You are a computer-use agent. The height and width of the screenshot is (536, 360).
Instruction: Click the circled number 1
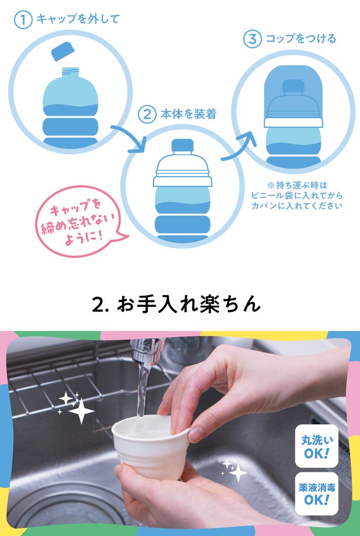pyautogui.click(x=23, y=20)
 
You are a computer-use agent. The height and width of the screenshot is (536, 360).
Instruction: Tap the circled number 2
pyautogui.click(x=147, y=114)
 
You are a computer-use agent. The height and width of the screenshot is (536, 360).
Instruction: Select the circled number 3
pyautogui.click(x=252, y=39)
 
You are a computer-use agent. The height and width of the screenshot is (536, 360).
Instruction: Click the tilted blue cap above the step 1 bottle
pyautogui.click(x=63, y=51)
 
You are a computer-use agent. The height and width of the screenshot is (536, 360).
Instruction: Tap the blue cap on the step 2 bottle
pyautogui.click(x=183, y=145)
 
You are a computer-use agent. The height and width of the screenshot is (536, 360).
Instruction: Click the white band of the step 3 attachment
pyautogui.click(x=293, y=122)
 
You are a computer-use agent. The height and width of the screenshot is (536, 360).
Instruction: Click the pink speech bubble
pyautogui.click(x=81, y=221)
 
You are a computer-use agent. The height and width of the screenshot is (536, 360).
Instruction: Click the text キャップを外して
pyautogui.click(x=77, y=19)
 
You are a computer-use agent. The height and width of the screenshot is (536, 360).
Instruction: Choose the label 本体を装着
pyautogui.click(x=189, y=114)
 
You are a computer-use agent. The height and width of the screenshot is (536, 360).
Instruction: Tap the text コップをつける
pyautogui.click(x=301, y=38)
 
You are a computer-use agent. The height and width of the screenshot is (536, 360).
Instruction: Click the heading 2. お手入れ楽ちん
pyautogui.click(x=176, y=304)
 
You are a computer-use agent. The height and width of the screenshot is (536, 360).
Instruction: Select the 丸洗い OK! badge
pyautogui.click(x=317, y=446)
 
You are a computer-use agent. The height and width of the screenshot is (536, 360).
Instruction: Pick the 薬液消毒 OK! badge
pyautogui.click(x=317, y=494)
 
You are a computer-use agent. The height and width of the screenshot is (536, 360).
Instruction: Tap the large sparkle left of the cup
pyautogui.click(x=81, y=411)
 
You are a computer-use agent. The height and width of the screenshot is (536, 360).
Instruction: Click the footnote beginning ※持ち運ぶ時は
pyautogui.click(x=297, y=196)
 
